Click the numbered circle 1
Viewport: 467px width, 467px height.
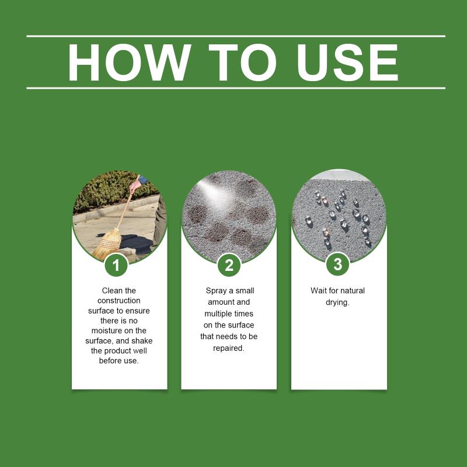[x=116, y=266]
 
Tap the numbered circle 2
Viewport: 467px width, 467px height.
[x=229, y=266]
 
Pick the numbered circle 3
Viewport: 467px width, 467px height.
[x=337, y=264]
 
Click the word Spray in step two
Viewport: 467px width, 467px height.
[x=215, y=290]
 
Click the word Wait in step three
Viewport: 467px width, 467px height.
[x=319, y=290]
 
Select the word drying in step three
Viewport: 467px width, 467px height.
[x=337, y=302]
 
